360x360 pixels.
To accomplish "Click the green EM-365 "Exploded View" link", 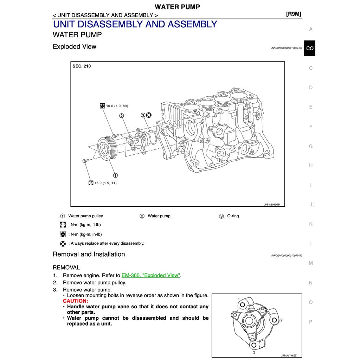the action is pyautogui.click(x=151, y=275).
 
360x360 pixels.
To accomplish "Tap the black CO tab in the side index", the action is pyautogui.click(x=310, y=48).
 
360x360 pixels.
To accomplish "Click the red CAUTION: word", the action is pyautogui.click(x=76, y=301).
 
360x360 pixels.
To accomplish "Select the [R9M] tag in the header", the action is pyautogui.click(x=294, y=14).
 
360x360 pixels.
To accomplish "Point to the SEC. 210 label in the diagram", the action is pyautogui.click(x=82, y=66).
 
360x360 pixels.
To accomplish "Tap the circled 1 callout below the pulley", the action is pyautogui.click(x=115, y=175).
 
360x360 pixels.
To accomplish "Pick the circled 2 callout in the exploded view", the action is pyautogui.click(x=122, y=115).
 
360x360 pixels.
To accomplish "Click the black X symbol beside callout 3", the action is pyautogui.click(x=149, y=115).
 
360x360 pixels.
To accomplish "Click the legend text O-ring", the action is pyautogui.click(x=233, y=216).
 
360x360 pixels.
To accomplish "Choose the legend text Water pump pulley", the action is pyautogui.click(x=85, y=216).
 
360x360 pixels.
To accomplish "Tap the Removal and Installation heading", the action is pyautogui.click(x=89, y=254).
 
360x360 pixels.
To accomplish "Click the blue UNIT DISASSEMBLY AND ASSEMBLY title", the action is pyautogui.click(x=135, y=24).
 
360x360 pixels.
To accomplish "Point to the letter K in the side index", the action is pyautogui.click(x=310, y=224).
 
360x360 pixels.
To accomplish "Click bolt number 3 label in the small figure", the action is pyautogui.click(x=254, y=352).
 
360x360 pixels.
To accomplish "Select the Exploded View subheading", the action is pyautogui.click(x=74, y=46).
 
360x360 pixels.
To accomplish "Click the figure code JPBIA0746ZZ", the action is pyautogui.click(x=289, y=355).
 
